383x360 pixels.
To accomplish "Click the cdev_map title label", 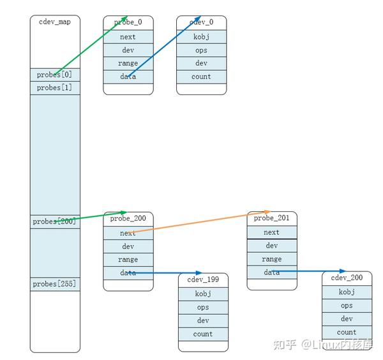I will click(55, 22).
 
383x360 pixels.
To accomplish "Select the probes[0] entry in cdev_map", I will click(55, 75).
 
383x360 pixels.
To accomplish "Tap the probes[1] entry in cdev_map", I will click(55, 87).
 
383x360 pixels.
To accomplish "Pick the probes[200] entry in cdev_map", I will click(55, 221).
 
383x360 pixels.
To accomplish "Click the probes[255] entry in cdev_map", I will click(55, 283).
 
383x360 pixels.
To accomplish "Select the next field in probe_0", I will click(128, 37).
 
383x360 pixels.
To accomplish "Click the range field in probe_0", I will click(128, 63).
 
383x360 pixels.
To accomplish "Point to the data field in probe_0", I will click(128, 77).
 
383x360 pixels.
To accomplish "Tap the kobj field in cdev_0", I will click(201, 37).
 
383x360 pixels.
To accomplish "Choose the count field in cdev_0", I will click(201, 77).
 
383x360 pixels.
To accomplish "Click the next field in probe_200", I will click(128, 233).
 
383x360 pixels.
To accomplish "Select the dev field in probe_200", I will click(128, 246).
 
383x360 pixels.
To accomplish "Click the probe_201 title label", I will click(272, 218).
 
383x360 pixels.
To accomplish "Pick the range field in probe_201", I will click(272, 259).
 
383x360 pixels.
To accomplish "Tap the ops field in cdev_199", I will click(203, 307).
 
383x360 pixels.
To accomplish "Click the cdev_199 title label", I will click(203, 280).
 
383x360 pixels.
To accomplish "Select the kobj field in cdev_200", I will click(347, 292).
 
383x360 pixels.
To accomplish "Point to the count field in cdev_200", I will click(347, 332).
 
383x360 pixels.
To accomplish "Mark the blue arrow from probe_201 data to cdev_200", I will click(313, 271).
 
